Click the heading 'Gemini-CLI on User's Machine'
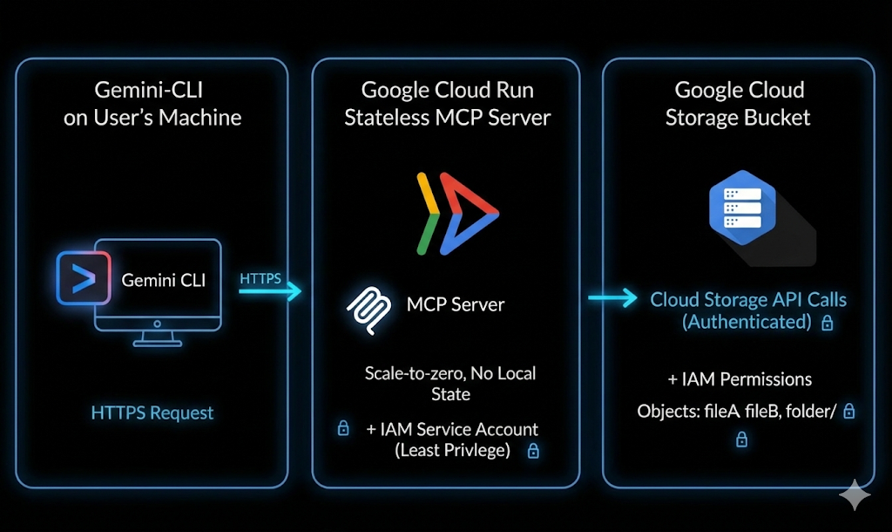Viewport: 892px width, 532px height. click(152, 103)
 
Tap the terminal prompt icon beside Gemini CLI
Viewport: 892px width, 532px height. click(84, 277)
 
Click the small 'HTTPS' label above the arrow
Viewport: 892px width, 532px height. click(260, 278)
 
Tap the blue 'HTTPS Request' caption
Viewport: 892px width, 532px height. click(152, 413)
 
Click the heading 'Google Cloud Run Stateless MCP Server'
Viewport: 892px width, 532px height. click(447, 103)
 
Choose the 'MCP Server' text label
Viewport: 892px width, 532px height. click(456, 305)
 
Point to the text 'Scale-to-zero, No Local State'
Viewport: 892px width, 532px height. click(450, 384)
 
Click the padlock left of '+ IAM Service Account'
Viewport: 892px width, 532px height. click(343, 429)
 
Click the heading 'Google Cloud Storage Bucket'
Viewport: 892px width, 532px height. click(739, 103)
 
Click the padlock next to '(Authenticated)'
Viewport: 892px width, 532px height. click(828, 323)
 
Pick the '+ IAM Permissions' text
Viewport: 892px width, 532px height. click(740, 379)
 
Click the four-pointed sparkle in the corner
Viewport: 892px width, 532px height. click(855, 495)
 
